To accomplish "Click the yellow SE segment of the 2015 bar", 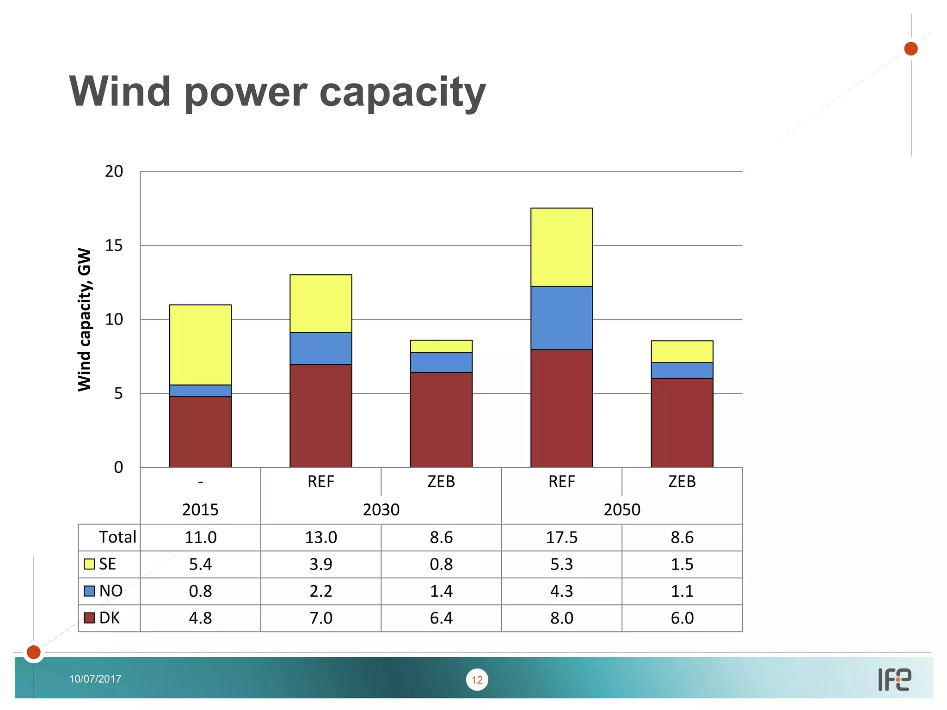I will [x=200, y=344].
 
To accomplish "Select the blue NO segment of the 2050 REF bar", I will [x=561, y=318].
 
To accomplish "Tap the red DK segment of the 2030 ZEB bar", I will [x=441, y=419].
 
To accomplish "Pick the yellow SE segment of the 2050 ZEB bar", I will [x=682, y=351].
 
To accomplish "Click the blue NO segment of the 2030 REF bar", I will [x=320, y=348].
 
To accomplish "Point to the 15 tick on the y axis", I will [x=114, y=245].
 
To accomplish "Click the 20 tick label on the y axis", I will [x=114, y=171].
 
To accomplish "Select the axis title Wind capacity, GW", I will [x=85, y=319].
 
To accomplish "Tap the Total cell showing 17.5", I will [x=561, y=537].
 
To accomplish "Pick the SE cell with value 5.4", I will [x=200, y=564].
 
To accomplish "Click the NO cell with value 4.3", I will [x=561, y=591].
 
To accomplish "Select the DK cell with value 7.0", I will [x=320, y=618].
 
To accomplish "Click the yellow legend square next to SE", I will [x=89, y=564].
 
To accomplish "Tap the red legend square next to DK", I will [x=89, y=618].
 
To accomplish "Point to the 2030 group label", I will [x=381, y=509].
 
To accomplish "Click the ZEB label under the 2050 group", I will [x=682, y=482].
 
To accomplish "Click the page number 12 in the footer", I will [x=477, y=679].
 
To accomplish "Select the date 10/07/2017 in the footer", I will [x=95, y=679].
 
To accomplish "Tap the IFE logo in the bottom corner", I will [x=894, y=679].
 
